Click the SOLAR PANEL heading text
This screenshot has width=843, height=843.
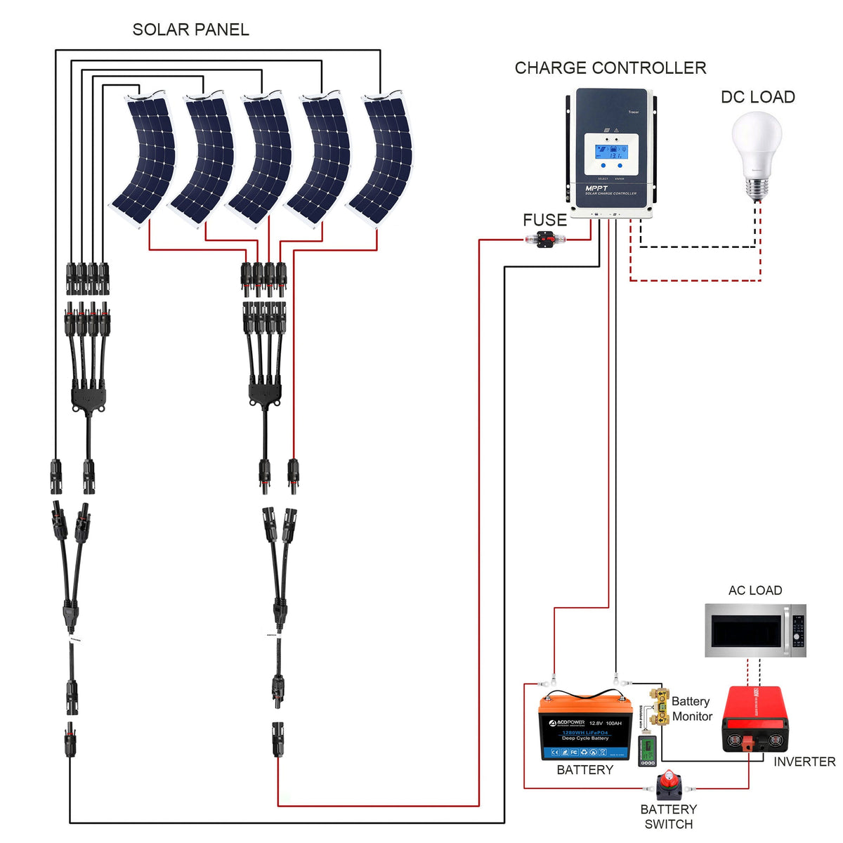pyautogui.click(x=190, y=30)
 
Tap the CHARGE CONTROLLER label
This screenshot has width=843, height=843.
pyautogui.click(x=610, y=68)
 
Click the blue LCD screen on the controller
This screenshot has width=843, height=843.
pyautogui.click(x=608, y=151)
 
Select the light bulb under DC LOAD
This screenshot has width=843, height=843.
pyautogui.click(x=757, y=151)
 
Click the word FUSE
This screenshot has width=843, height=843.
pyautogui.click(x=544, y=220)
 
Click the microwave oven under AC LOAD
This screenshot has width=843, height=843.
pyautogui.click(x=755, y=630)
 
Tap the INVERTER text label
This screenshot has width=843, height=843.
pyautogui.click(x=804, y=762)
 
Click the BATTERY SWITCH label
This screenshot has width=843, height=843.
pyautogui.click(x=668, y=816)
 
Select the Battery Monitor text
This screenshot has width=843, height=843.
pyautogui.click(x=691, y=709)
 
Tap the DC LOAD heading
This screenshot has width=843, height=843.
pyautogui.click(x=757, y=97)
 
